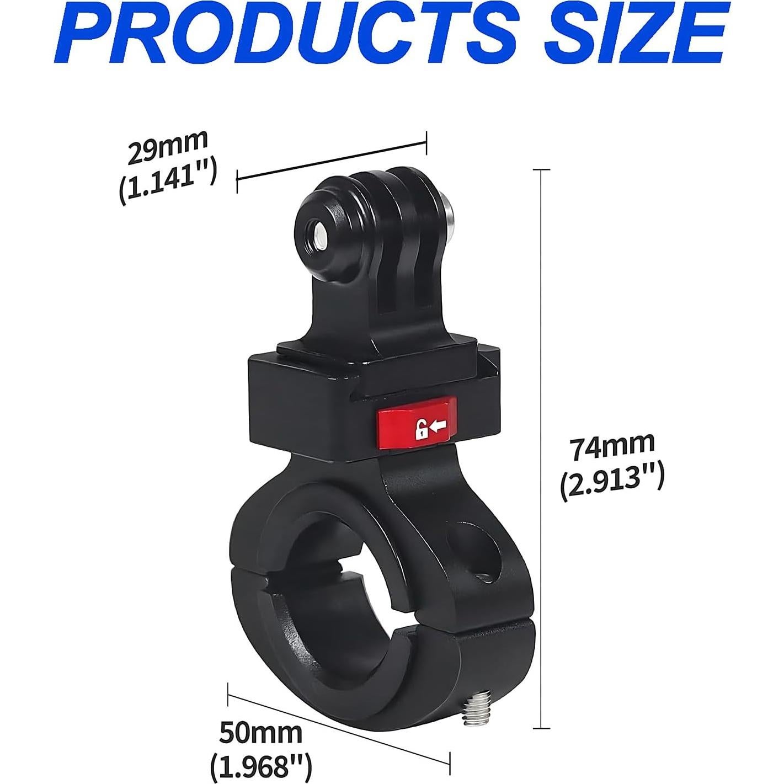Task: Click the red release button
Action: (x=416, y=424)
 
